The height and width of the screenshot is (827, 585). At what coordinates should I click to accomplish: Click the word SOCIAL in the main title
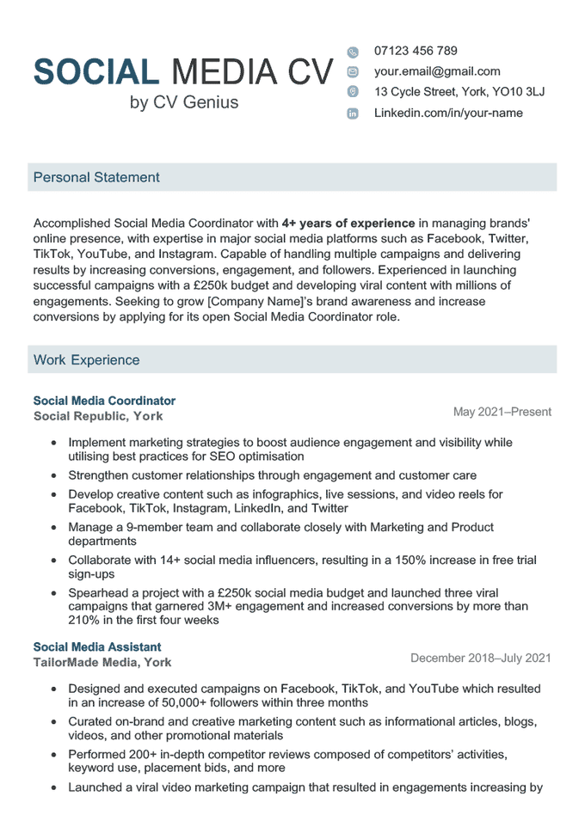95,72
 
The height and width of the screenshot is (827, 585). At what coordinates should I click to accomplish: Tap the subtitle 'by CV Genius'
184,103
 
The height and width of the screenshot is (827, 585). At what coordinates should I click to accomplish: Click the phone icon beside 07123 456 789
353,52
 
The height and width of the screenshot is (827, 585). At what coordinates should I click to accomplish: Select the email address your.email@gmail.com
436,71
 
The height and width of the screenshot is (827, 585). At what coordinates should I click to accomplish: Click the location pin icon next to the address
353,92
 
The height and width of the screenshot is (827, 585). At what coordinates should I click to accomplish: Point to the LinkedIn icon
353,113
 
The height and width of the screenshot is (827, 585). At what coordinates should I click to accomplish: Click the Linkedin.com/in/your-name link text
447,113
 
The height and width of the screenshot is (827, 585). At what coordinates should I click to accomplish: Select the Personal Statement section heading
96,177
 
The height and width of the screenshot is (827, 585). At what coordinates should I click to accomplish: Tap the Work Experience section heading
86,359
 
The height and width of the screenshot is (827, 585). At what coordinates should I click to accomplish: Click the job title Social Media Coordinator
104,401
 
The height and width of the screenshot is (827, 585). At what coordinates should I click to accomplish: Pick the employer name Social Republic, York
98,416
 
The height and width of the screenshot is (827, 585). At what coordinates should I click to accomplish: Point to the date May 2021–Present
502,412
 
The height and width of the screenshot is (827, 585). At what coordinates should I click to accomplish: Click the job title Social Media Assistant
97,646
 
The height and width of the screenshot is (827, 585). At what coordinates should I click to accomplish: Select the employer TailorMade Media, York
102,662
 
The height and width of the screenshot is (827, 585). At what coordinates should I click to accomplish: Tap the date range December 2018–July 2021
480,659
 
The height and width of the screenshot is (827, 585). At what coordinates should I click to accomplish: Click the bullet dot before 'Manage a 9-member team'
54,528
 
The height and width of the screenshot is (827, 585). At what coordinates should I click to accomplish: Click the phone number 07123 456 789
416,51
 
